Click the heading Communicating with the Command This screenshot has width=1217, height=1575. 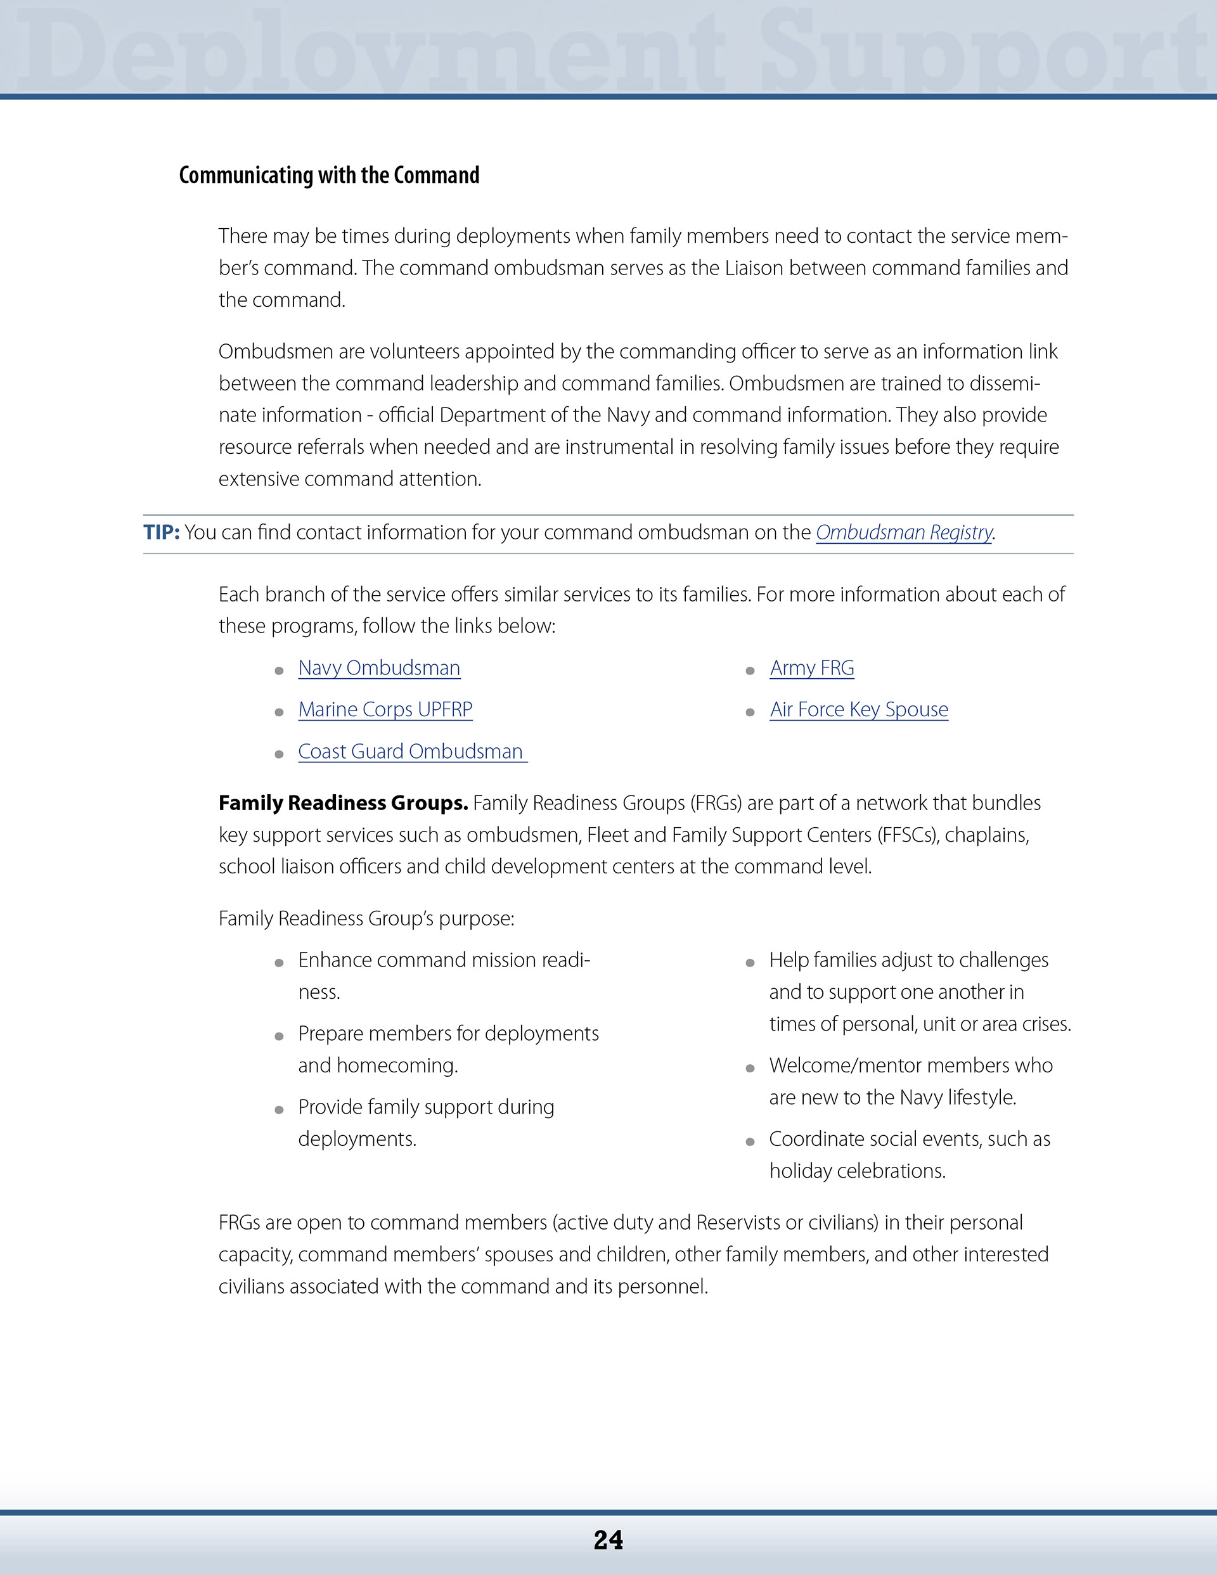[x=329, y=175]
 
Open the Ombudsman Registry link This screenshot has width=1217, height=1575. [x=904, y=532]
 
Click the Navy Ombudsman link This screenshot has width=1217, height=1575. [x=379, y=668]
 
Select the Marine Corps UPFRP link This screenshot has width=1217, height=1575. [x=385, y=710]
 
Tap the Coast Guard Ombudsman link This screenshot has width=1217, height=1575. [x=411, y=752]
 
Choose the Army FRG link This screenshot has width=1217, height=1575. [x=811, y=668]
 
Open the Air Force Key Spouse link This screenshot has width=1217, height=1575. [x=858, y=710]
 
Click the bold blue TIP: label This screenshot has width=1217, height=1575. [x=162, y=532]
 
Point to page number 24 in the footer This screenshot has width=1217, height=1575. [x=608, y=1540]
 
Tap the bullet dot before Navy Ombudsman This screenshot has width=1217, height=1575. [x=279, y=671]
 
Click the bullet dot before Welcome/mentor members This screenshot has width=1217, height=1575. [x=750, y=1068]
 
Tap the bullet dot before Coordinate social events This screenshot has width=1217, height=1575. [x=750, y=1141]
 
